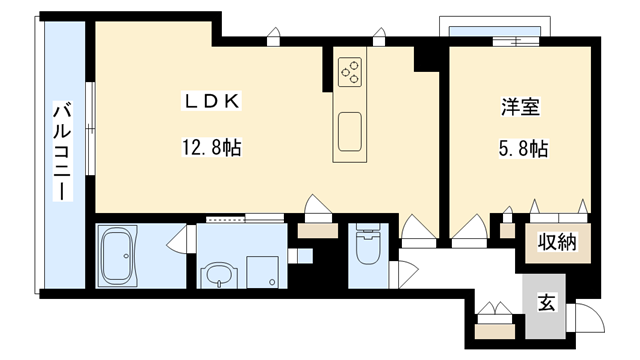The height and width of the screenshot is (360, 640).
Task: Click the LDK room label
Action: [x=211, y=101]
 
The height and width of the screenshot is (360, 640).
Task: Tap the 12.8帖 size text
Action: [x=211, y=147]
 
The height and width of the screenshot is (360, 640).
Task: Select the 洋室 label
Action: [x=520, y=107]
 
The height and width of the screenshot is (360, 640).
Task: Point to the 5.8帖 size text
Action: [x=523, y=148]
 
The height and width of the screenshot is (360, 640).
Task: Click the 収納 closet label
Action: [x=557, y=242]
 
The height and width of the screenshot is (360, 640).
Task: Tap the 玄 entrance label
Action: [x=546, y=302]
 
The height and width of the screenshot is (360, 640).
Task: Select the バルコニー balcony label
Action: [x=62, y=153]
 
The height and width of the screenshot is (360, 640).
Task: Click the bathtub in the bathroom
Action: [x=117, y=256]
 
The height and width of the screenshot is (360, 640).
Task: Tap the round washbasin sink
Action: [x=219, y=275]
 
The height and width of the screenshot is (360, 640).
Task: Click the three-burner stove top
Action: [x=350, y=72]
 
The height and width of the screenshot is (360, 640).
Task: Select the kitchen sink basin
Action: [x=350, y=131]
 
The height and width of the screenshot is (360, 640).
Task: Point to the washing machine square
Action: [x=262, y=272]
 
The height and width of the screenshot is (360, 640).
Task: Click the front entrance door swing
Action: [x=585, y=318]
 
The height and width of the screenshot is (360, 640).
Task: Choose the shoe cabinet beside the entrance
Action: [x=495, y=331]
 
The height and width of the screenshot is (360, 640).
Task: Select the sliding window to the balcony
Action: [x=91, y=129]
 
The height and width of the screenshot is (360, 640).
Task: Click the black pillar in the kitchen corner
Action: [x=426, y=59]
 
